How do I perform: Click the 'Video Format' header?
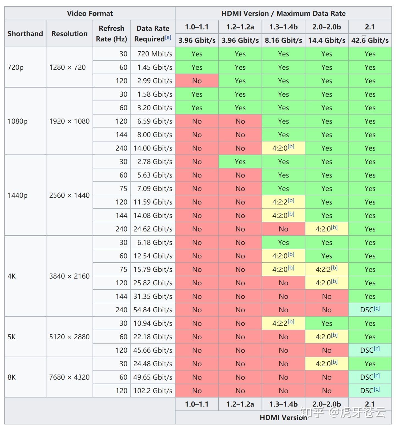pos(90,13)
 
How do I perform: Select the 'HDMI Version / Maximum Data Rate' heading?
pos(283,13)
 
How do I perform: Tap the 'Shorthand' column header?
pos(25,34)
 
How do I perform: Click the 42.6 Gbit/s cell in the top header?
pos(370,40)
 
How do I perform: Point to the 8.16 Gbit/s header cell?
pos(283,40)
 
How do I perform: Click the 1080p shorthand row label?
pos(18,121)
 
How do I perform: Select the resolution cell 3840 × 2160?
pos(69,276)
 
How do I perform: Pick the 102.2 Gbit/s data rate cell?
pos(153,391)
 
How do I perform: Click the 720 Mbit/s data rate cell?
pos(155,54)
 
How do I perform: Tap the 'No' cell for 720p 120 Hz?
pos(197,81)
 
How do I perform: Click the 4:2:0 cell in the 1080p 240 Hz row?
pos(283,148)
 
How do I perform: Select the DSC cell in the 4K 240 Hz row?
pos(370,310)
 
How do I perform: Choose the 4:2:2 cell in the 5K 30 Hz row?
pos(283,323)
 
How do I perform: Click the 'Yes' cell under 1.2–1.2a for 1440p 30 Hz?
pos(240,162)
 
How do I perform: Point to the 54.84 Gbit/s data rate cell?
pos(153,310)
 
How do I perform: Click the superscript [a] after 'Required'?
pos(168,37)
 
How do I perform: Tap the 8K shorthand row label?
pos(12,377)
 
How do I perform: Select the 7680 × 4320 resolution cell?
pos(69,377)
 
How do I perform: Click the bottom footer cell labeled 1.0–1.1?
pos(197,404)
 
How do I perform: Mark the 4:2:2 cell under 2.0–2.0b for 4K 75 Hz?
pos(326,269)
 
